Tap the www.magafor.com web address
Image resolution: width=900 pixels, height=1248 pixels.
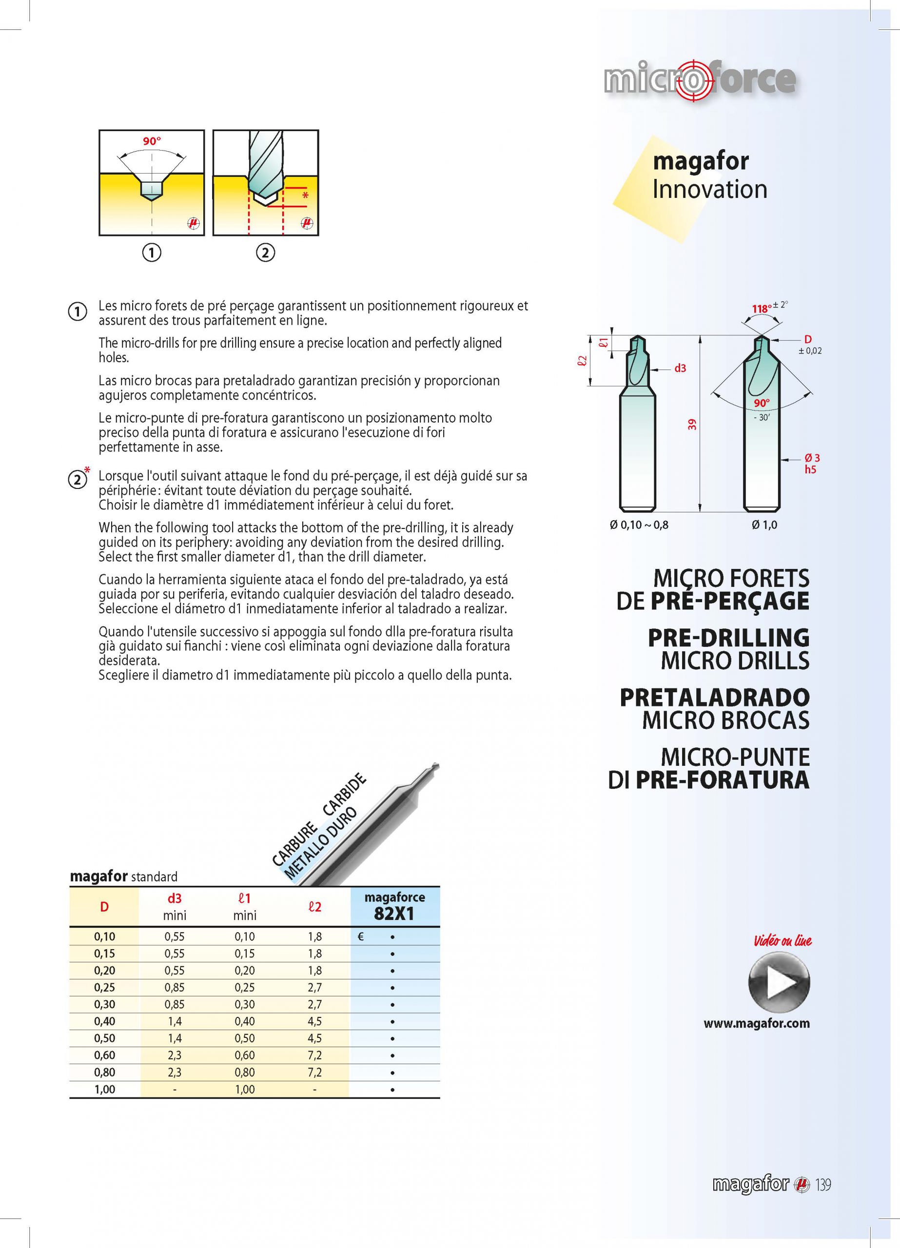(x=756, y=1023)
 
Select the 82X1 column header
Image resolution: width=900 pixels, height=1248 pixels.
(x=394, y=906)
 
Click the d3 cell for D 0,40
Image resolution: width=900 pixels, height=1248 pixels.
(x=175, y=1021)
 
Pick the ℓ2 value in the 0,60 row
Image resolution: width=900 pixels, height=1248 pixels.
(x=315, y=1055)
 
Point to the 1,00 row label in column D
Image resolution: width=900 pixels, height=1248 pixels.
(x=105, y=1090)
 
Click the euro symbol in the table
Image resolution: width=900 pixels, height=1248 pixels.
(x=361, y=936)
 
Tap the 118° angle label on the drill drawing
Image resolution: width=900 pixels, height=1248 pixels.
(x=761, y=309)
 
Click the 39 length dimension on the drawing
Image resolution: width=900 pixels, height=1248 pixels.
(x=692, y=424)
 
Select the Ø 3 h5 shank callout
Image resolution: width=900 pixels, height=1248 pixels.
(x=811, y=463)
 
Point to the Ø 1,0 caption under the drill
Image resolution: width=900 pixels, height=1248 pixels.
(x=764, y=525)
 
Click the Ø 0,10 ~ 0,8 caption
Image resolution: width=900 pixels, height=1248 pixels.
(x=639, y=525)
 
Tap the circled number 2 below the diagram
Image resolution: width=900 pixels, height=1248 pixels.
(x=265, y=253)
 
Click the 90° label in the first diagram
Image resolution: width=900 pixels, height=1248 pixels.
(x=152, y=141)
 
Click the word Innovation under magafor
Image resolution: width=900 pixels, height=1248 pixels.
(x=709, y=189)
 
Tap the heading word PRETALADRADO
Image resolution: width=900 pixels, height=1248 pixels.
(x=715, y=697)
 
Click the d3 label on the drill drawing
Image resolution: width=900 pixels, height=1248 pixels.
(x=681, y=368)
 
